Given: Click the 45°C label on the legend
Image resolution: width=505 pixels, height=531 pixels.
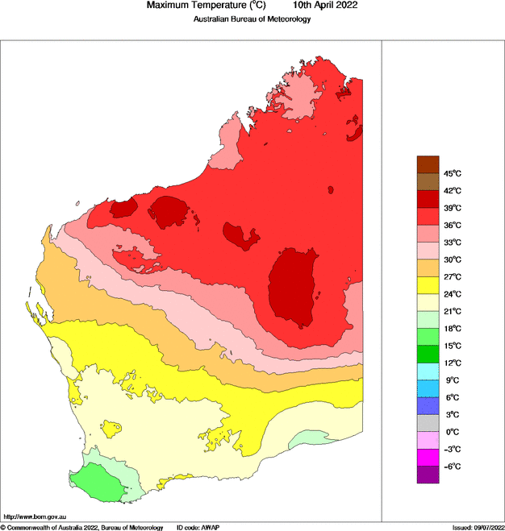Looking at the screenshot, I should tap(451, 173).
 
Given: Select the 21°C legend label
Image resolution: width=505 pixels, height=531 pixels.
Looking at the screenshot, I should tap(451, 311).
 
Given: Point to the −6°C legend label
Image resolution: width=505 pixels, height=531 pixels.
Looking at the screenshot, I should tap(451, 467).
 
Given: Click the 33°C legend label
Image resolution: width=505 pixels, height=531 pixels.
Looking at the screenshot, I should tap(451, 242).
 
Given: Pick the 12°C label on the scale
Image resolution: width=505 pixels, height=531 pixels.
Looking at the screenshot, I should tap(451, 363).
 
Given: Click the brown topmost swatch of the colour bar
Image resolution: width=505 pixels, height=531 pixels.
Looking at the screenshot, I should tap(428, 164).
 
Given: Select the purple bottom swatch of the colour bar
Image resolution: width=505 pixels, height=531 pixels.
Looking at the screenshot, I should tap(428, 475).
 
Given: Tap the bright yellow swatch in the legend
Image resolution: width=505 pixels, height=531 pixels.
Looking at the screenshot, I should tap(428, 285).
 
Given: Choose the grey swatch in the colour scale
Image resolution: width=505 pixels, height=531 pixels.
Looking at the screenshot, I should tap(428, 423).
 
